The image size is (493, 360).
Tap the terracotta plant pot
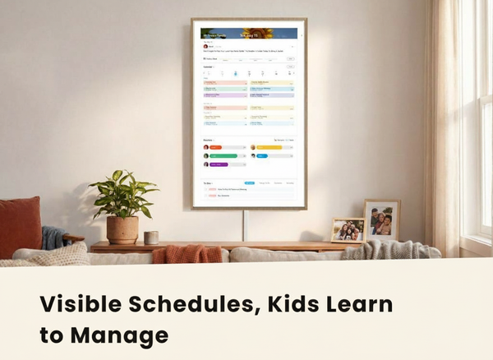pyautogui.click(x=122, y=230)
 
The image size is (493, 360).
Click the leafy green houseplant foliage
pyautogui.click(x=123, y=194)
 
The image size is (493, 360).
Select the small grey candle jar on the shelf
pyautogui.click(x=150, y=238)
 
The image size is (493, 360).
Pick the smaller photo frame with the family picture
pyautogui.click(x=347, y=229)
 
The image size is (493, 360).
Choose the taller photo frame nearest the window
pyautogui.click(x=382, y=220)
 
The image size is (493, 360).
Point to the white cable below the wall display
pyautogui.click(x=243, y=225)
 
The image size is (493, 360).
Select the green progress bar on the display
pyautogui.click(x=223, y=155)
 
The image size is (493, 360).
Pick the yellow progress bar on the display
pyautogui.click(x=270, y=147)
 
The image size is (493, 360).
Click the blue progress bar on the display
pyautogui.click(x=262, y=155)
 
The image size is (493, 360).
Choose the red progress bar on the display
pyautogui.click(x=216, y=147)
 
